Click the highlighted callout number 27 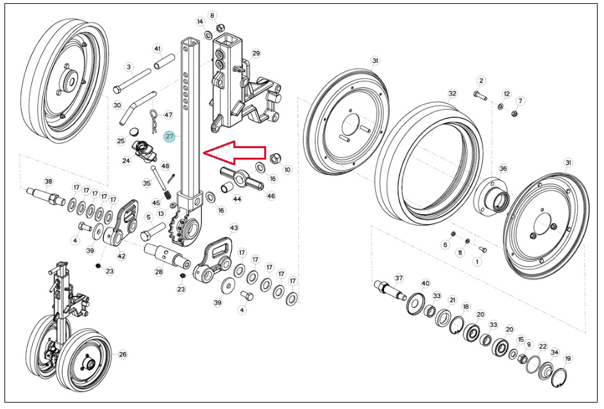[169, 137]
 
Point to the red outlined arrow [234, 153]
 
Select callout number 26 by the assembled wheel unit [122, 355]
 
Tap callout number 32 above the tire [452, 94]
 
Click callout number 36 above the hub [503, 169]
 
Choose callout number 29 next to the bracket [256, 53]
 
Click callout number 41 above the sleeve [157, 49]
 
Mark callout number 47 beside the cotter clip [169, 115]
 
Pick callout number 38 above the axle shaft [48, 181]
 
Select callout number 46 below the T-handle [271, 196]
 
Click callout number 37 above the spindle [399, 278]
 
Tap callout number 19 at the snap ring [568, 359]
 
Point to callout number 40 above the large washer [425, 283]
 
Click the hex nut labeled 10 [275, 158]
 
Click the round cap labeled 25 [135, 131]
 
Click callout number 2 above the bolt [481, 81]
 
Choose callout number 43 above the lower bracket [234, 228]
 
